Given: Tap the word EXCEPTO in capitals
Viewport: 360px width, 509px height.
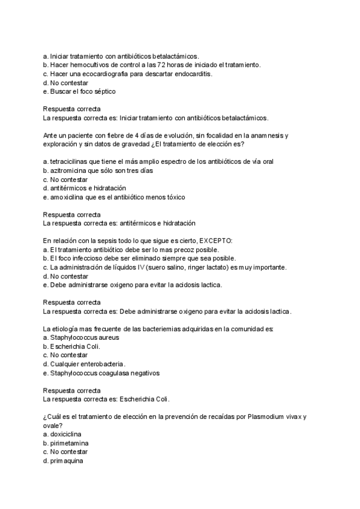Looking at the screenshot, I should point(215,241).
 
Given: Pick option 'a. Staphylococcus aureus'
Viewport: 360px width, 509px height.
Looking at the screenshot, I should point(81,337).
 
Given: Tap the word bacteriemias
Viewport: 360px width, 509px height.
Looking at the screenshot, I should point(150,329).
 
